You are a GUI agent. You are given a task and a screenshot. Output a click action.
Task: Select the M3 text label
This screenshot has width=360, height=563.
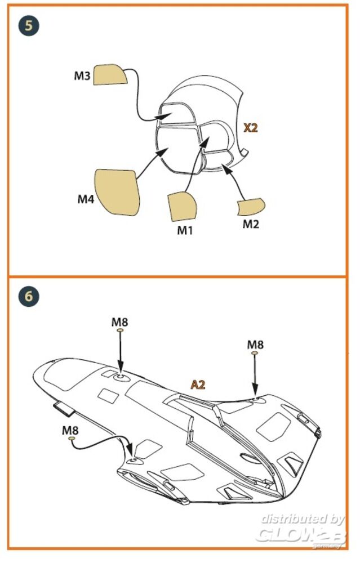(x=82, y=75)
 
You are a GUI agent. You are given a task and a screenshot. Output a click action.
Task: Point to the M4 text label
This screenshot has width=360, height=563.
(x=86, y=199)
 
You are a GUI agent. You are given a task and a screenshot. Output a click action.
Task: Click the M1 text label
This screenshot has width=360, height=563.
(x=185, y=230)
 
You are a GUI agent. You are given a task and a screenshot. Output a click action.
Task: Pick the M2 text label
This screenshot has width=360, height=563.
(x=251, y=224)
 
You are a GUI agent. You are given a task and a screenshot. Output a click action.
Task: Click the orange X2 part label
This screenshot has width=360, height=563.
(x=250, y=128)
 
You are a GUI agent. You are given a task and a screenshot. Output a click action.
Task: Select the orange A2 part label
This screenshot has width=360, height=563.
(x=198, y=385)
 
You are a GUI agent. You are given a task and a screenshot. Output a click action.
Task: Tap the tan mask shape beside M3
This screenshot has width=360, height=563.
(x=110, y=74)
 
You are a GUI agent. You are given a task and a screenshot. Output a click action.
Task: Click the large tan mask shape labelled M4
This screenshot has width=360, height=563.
(x=117, y=191)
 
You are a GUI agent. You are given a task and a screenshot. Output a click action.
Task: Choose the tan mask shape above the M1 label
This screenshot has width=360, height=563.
(x=181, y=207)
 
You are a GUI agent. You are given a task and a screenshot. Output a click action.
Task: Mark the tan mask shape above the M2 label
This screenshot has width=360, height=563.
(x=251, y=207)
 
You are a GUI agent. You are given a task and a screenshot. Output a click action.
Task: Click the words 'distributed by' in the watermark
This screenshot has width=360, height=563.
(x=303, y=519)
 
